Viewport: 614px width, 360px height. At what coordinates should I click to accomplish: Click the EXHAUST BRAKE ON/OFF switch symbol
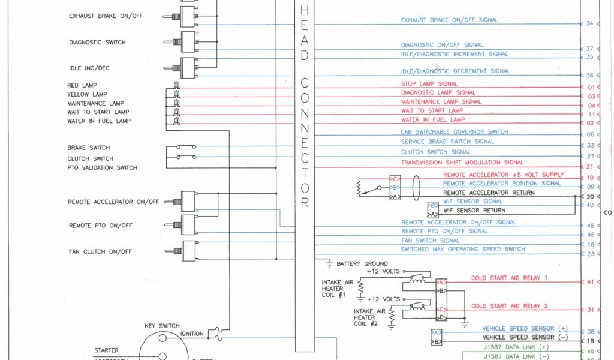point(187,16)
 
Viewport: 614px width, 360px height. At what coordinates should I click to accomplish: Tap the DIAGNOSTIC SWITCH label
point(97,43)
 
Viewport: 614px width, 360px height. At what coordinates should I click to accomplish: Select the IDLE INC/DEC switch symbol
point(187,68)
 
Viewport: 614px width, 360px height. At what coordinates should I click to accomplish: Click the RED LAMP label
point(82,86)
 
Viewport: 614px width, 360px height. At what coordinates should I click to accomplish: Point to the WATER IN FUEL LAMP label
point(99,121)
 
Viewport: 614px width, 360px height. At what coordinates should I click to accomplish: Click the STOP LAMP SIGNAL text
point(429,84)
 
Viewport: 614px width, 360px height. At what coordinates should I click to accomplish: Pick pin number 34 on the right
point(589,23)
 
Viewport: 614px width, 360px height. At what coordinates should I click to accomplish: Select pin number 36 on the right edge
point(589,76)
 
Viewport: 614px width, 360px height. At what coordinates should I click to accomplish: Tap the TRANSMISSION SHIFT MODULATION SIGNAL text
point(462,163)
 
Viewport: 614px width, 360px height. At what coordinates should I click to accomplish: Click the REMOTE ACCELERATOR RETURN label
point(489,193)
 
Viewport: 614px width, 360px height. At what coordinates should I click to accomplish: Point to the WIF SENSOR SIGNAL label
point(472,202)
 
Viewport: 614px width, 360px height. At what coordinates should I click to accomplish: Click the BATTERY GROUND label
point(362,263)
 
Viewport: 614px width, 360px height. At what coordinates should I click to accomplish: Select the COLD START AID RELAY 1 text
point(510,278)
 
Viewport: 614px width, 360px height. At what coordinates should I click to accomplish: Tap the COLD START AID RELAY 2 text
point(510,306)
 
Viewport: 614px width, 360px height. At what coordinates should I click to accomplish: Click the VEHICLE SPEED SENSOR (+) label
point(525,329)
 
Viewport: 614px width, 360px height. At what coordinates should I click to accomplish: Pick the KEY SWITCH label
point(162,326)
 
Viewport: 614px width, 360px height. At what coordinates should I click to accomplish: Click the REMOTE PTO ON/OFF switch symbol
point(187,225)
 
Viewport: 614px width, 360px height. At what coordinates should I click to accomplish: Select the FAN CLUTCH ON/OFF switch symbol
point(187,251)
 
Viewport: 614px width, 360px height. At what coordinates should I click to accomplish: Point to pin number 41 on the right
point(590,281)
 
